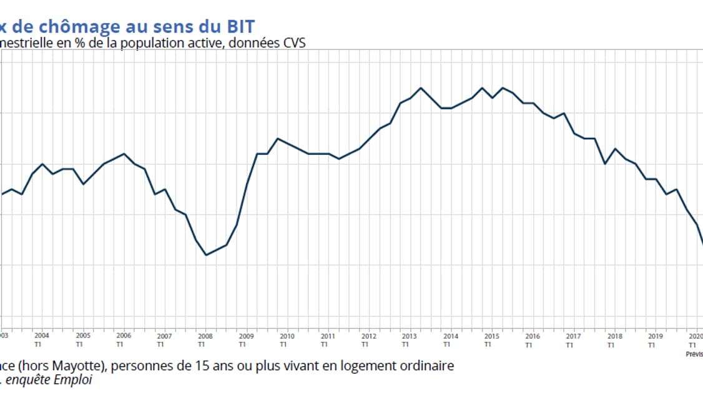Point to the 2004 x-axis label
[42, 335]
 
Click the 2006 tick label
[123, 335]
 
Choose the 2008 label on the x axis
[205, 335]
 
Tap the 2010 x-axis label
[287, 335]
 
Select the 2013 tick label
[409, 335]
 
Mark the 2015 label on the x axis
[491, 335]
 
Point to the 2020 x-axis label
[694, 335]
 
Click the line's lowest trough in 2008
[206, 255]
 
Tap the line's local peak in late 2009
[278, 139]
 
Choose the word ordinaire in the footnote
[428, 366]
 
